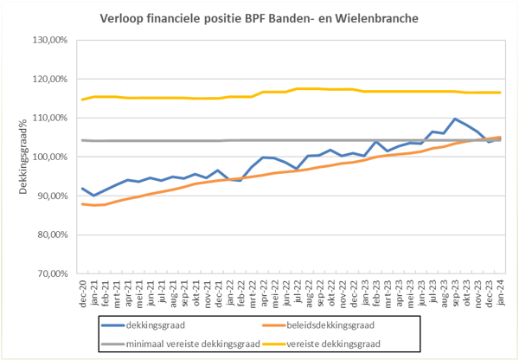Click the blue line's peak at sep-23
pyautogui.click(x=455, y=119)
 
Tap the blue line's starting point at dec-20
pyautogui.click(x=83, y=189)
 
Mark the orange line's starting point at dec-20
pyautogui.click(x=83, y=204)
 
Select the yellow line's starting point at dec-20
pyautogui.click(x=83, y=100)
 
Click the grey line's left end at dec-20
pyautogui.click(x=83, y=140)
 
